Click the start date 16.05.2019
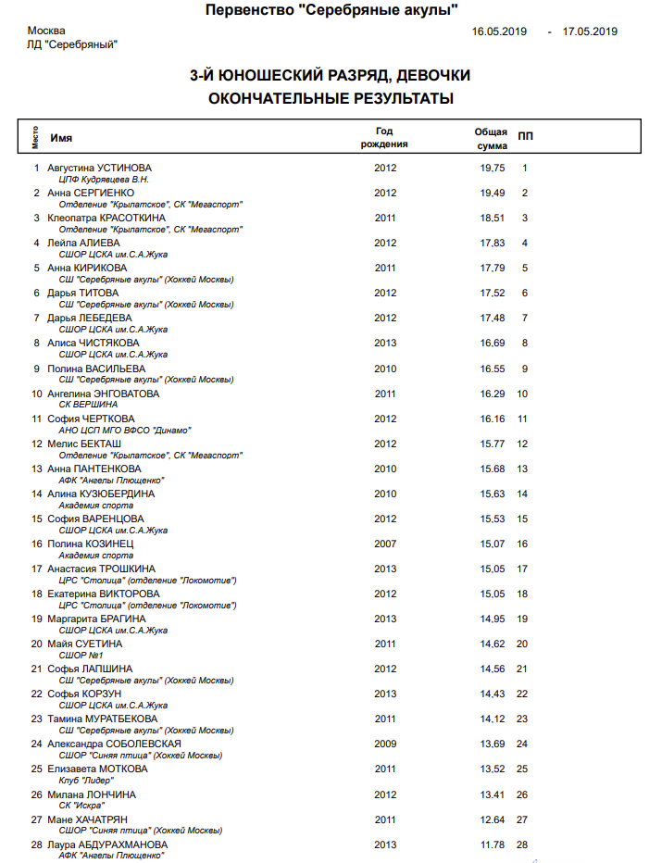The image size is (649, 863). click(499, 31)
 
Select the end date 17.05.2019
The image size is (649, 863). click(590, 31)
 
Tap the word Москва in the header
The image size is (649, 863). click(46, 31)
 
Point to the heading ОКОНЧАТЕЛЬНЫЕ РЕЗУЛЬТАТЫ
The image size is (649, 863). click(331, 98)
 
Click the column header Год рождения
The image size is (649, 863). click(385, 138)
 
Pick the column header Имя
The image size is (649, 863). click(61, 137)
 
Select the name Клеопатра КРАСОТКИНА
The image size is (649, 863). click(106, 218)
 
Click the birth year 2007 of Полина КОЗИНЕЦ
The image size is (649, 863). click(385, 544)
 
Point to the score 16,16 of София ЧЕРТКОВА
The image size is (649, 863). click(492, 419)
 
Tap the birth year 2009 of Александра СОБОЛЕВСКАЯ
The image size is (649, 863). click(385, 744)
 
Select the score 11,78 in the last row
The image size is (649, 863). click(492, 844)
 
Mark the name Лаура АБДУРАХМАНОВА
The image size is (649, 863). click(107, 844)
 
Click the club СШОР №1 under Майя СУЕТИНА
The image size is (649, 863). click(81, 656)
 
